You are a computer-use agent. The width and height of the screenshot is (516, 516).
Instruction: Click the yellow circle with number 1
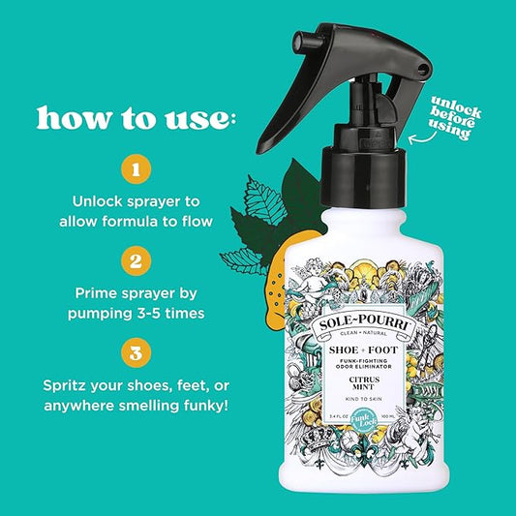pyautogui.click(x=136, y=170)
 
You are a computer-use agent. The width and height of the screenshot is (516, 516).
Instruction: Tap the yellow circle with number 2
pyautogui.click(x=136, y=259)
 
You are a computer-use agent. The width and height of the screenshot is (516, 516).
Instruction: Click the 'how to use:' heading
pyautogui.click(x=137, y=118)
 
